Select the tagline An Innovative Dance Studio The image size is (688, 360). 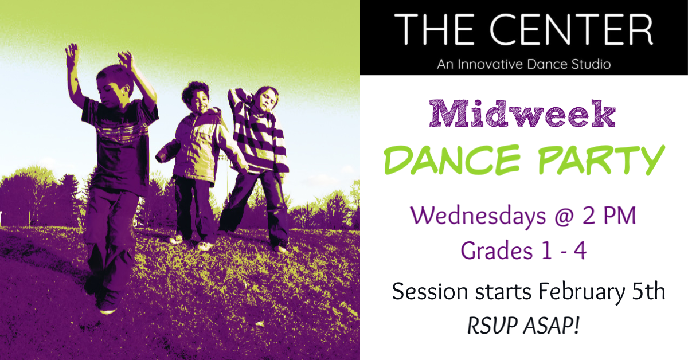[x=523, y=64]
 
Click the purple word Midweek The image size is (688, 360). [x=523, y=115]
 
